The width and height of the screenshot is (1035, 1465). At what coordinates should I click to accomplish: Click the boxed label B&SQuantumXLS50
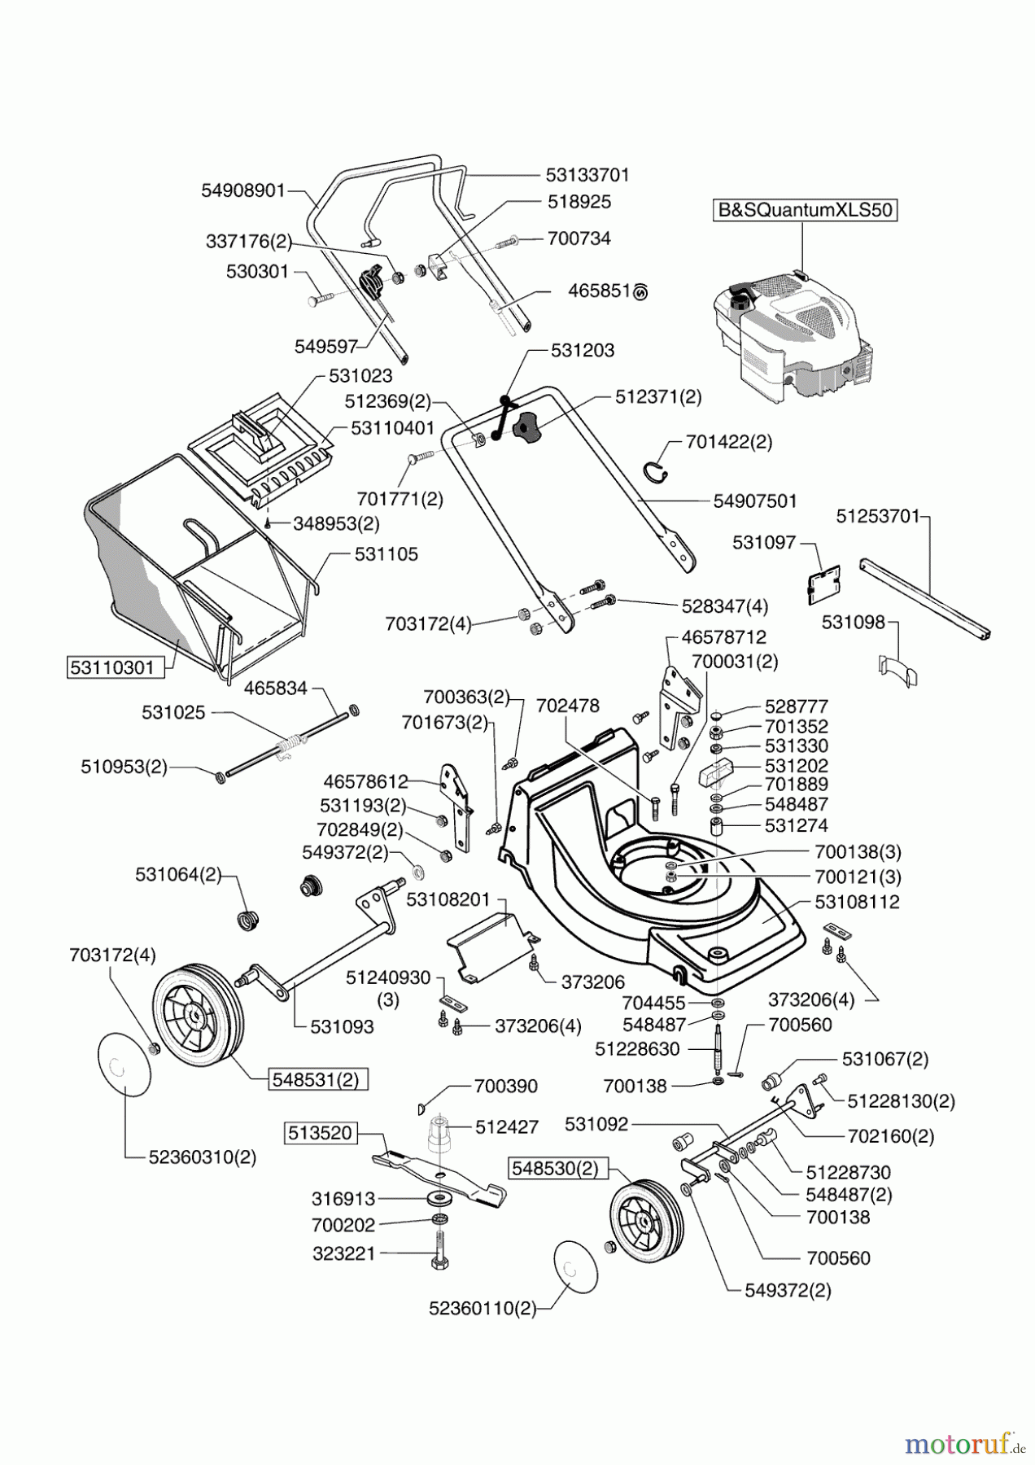(x=804, y=210)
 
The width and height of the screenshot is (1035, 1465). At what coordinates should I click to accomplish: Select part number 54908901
(x=243, y=190)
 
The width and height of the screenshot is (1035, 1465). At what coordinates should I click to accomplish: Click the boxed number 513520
(x=320, y=1132)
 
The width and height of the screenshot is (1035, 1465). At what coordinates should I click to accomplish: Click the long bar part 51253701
(x=926, y=597)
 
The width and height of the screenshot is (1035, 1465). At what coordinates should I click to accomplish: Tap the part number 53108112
(x=857, y=903)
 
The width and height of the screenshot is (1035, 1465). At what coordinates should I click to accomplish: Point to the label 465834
(x=275, y=689)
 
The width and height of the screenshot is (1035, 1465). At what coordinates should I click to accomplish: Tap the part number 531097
(x=764, y=542)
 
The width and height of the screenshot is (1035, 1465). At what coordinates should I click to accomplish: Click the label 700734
(x=579, y=238)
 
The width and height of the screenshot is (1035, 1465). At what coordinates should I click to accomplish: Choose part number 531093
(x=342, y=1026)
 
